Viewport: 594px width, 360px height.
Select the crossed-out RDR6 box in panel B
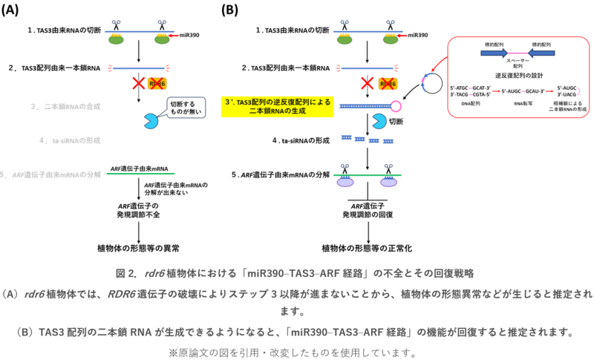click(x=387, y=84)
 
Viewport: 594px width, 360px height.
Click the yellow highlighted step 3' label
click(x=278, y=106)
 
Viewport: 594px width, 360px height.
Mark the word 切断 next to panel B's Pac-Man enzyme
click(x=397, y=120)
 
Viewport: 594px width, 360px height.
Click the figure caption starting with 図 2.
click(x=297, y=272)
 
